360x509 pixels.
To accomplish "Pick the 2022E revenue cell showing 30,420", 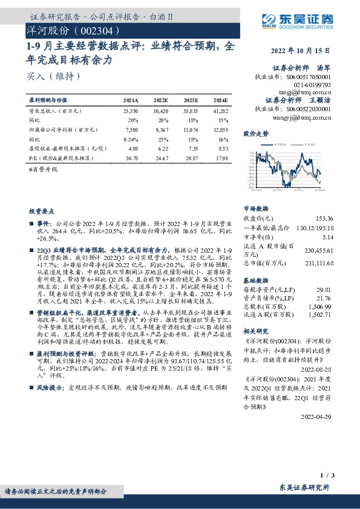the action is click(x=160, y=112).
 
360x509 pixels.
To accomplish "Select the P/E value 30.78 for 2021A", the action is click(x=131, y=157).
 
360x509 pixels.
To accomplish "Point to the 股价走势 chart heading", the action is click(x=256, y=134).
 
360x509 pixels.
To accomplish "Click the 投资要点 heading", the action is click(x=42, y=211).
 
